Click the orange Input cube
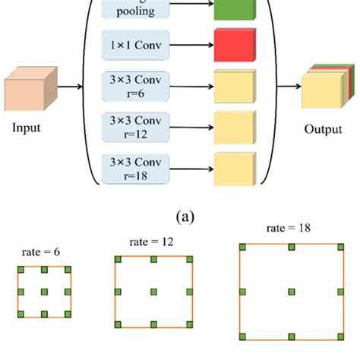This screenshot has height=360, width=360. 30,90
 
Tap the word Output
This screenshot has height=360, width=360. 324,128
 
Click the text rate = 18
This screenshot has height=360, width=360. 291,228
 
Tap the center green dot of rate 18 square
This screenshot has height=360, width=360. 291,292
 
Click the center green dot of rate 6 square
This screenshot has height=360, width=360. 43,292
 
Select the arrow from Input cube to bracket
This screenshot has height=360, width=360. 70,86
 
